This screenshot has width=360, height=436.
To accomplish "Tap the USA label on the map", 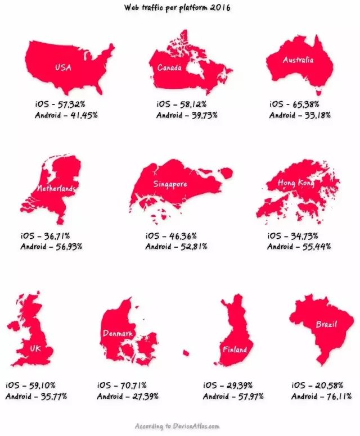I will tap(62, 68).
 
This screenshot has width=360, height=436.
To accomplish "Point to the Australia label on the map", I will tap(298, 60).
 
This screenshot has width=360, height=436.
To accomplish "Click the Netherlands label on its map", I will tap(56, 189).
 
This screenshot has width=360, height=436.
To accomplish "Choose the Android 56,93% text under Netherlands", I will tap(52, 246).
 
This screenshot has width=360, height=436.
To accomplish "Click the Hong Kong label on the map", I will tap(296, 184).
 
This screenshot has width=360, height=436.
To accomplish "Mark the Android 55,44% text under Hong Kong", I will tap(299, 246).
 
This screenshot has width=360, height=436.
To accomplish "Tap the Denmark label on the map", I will tap(118, 334).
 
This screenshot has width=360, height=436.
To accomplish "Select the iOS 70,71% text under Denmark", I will tap(122, 386).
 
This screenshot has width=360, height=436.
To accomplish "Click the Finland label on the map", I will tap(234, 349).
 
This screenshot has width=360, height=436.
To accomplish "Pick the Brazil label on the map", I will tap(326, 325).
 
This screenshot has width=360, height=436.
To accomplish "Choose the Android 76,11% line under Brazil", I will tap(322, 396).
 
